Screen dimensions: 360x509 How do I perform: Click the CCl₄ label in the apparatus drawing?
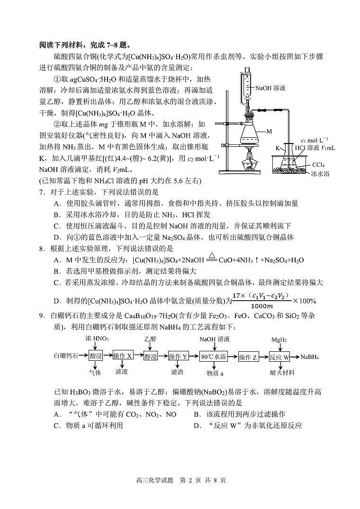pyautogui.click(x=319, y=164)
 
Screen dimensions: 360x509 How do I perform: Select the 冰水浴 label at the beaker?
pyautogui.click(x=320, y=173)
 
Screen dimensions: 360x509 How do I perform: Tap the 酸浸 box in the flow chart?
pyautogui.click(x=96, y=357)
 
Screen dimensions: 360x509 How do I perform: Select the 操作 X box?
pyautogui.click(x=123, y=357)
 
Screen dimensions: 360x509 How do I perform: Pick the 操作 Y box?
pyautogui.click(x=179, y=357)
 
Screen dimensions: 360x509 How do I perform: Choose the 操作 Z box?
pyautogui.click(x=248, y=357)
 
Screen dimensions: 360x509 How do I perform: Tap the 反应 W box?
pyautogui.click(x=279, y=357)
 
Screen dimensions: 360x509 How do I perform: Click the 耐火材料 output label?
pyautogui.click(x=282, y=373)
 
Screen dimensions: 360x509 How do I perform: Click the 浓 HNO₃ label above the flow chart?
pyautogui.click(x=97, y=339)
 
